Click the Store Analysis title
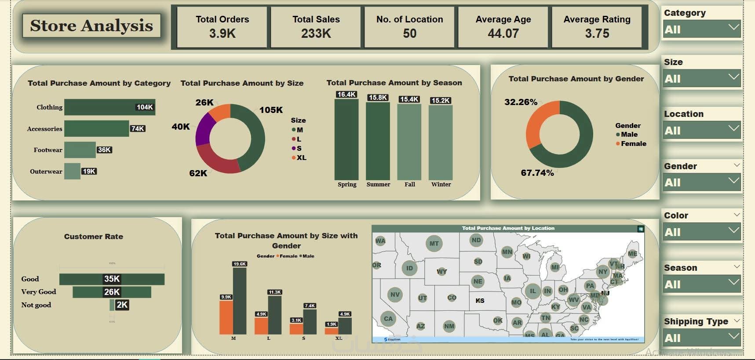91,25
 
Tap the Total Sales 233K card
316,27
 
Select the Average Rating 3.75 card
597,27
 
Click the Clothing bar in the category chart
109,107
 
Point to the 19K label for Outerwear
89,171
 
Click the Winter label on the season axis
441,185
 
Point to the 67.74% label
537,173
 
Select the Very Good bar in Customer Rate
112,292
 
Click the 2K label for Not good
122,305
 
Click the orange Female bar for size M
226,317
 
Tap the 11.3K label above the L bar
275,292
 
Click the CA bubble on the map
388,319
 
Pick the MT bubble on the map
434,244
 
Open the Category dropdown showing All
702,29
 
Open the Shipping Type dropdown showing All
702,338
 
